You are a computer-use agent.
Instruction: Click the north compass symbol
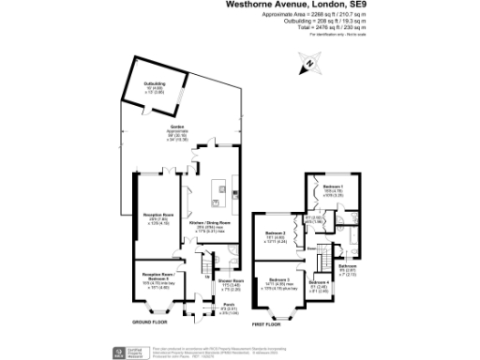click(308, 65)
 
